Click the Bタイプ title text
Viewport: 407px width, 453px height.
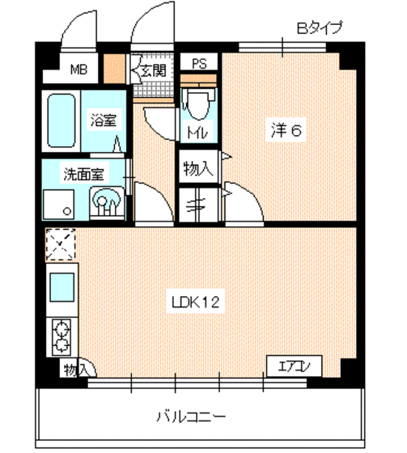320,28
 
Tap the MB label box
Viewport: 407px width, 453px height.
78,69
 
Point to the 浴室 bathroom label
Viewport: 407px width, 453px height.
103,121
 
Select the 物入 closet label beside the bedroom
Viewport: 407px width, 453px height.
198,169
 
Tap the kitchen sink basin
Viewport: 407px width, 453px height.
61,286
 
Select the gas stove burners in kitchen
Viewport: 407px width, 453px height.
61,335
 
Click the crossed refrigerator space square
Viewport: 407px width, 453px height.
61,245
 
